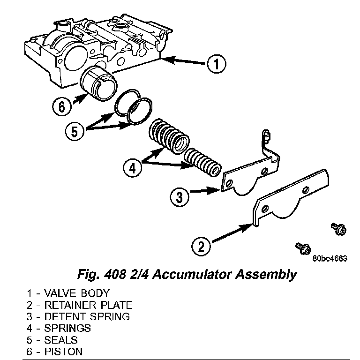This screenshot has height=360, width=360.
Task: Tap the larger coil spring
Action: click(x=170, y=135)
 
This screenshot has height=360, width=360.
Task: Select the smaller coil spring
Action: click(x=202, y=163)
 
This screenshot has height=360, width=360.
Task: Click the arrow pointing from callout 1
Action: click(x=185, y=61)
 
